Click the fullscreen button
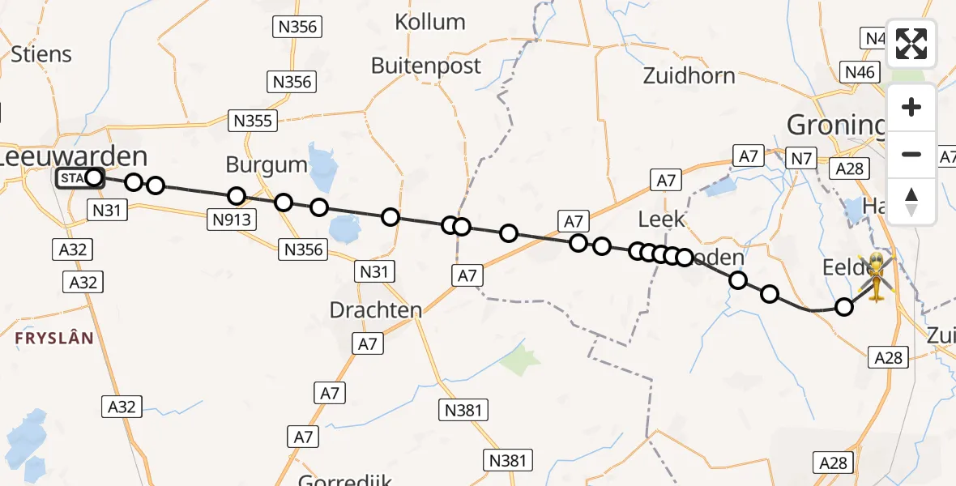point(911,44)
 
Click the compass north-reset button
point(911,201)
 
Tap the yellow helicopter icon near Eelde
point(877,276)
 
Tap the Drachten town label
point(376,309)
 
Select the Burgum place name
point(267,165)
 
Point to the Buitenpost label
point(426,66)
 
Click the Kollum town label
point(429,22)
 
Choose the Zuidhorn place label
point(689,76)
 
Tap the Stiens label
point(41,54)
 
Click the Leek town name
point(661,219)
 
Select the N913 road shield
point(232,219)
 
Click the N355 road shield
point(253,121)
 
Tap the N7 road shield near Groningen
point(801,159)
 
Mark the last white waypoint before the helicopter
point(844,307)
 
